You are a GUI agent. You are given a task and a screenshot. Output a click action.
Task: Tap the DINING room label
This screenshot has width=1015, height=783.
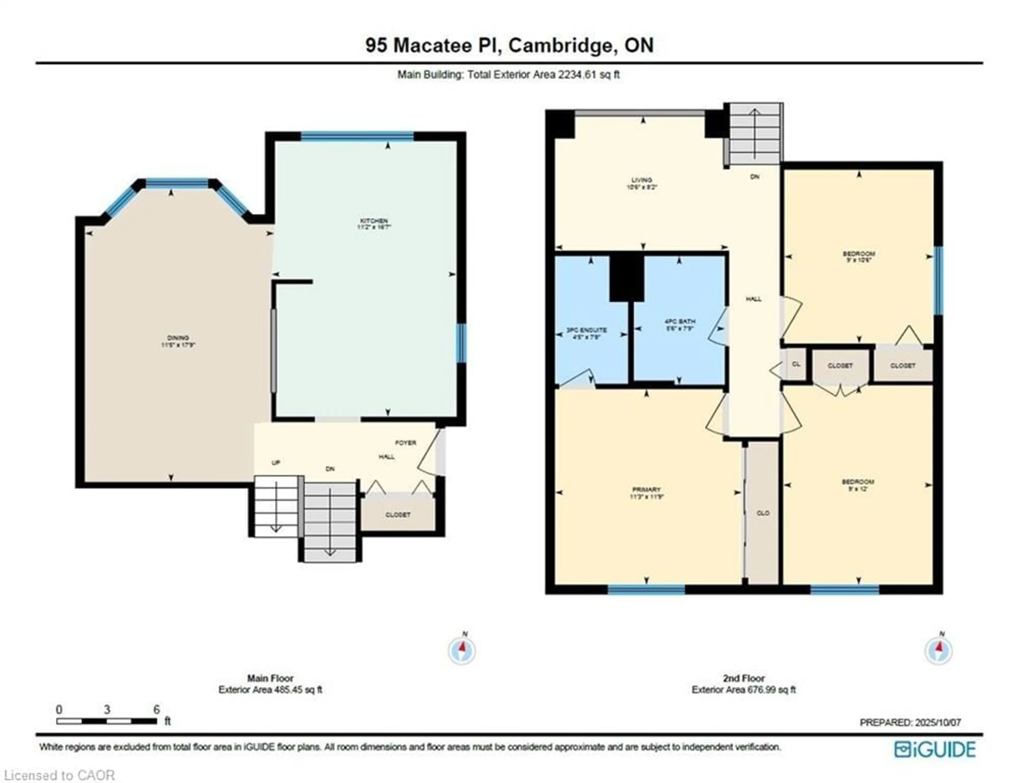(178, 338)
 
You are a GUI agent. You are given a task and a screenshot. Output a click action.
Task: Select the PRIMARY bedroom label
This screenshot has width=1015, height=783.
(646, 490)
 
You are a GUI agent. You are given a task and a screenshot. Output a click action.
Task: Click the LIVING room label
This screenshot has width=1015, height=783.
(642, 180)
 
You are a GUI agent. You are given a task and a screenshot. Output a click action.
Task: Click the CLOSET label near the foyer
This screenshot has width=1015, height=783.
(398, 515)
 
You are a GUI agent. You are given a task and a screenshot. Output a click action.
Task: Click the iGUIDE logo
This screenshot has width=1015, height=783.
(935, 749)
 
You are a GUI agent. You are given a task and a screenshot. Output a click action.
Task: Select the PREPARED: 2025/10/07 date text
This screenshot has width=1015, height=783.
(910, 722)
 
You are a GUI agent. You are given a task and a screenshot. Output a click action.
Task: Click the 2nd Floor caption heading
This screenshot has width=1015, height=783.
(744, 678)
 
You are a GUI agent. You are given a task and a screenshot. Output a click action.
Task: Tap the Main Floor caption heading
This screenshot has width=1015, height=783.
(270, 678)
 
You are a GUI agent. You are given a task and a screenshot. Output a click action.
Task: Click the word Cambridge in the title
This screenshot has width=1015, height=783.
(560, 45)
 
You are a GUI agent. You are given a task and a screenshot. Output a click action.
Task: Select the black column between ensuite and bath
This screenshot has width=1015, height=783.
(626, 278)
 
